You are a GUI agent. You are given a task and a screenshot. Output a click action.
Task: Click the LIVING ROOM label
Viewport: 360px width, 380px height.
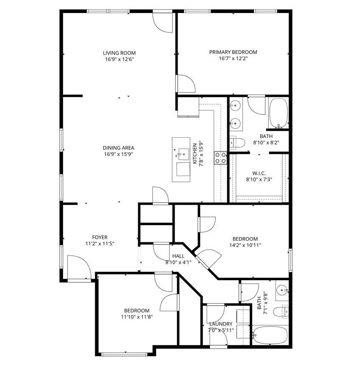coord(119,53)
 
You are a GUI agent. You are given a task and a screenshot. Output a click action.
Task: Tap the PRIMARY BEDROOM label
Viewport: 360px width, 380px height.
coord(233,52)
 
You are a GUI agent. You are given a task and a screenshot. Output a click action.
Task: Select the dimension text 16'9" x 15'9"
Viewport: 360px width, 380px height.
coord(119,154)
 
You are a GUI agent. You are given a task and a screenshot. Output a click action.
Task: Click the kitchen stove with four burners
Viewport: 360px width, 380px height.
coord(221,157)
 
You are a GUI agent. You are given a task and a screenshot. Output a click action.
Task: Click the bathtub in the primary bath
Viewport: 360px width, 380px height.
coord(279,112)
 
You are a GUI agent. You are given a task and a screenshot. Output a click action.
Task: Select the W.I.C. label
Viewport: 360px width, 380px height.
coord(259,173)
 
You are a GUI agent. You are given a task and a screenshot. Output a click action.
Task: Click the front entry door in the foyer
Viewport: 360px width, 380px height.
coord(79,267)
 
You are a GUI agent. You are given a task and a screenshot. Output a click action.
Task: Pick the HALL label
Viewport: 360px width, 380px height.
coord(178,256)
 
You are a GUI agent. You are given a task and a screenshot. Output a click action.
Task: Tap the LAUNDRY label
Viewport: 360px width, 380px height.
coord(221,324)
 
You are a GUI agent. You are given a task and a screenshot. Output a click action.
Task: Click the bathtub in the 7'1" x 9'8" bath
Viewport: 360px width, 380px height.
coord(271,335)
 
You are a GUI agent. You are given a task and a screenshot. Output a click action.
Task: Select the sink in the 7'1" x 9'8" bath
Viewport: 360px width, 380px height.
coord(282,289)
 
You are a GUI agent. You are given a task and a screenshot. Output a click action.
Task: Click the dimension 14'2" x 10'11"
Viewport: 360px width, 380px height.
coord(245,245)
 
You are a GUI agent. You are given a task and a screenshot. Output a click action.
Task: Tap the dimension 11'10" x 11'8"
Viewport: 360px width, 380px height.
coord(137,317)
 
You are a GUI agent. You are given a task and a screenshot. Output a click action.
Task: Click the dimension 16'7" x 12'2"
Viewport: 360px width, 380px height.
coord(233,59)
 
